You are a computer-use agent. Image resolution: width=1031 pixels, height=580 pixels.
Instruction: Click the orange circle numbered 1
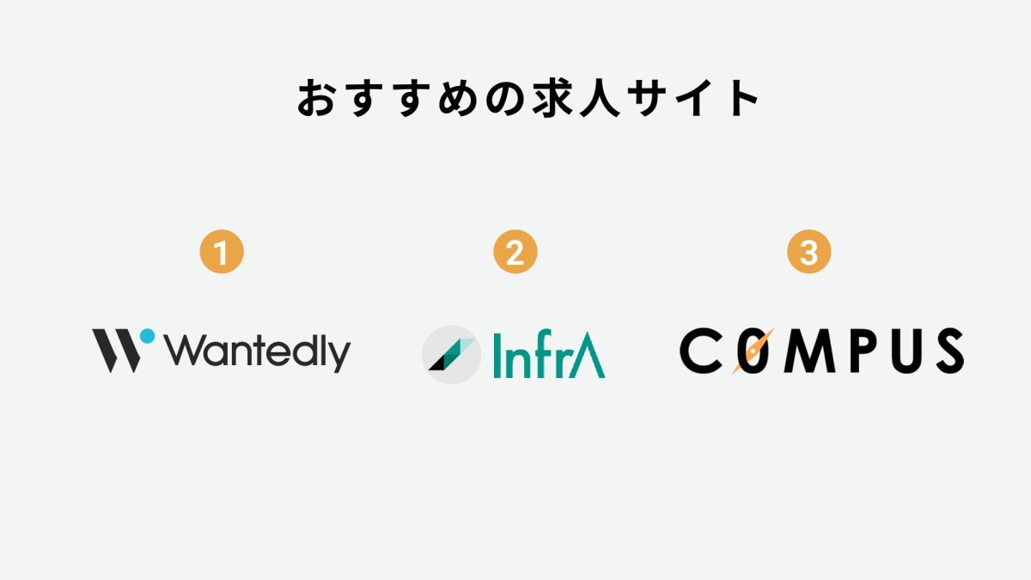click(x=222, y=252)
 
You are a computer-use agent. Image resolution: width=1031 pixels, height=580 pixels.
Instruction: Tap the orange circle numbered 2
click(x=515, y=252)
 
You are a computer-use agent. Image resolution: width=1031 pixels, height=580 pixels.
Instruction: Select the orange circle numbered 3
click(x=808, y=252)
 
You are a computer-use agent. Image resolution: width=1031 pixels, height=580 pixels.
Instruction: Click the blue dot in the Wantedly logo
click(x=147, y=336)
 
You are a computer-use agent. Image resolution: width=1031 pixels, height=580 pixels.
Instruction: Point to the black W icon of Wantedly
click(x=117, y=351)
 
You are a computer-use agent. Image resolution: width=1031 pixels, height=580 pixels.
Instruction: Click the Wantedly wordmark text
click(x=259, y=352)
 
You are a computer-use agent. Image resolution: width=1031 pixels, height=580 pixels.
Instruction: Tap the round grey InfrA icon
click(x=451, y=354)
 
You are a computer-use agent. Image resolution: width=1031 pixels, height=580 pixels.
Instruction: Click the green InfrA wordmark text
click(x=549, y=354)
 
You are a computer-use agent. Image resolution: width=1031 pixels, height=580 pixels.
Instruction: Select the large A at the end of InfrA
click(x=588, y=355)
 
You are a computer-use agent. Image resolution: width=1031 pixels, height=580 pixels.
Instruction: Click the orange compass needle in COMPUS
click(x=753, y=351)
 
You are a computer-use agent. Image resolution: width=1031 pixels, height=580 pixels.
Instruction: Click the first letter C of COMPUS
click(x=700, y=351)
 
